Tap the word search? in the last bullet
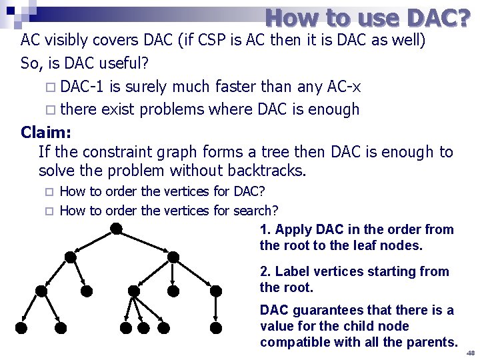[255, 211]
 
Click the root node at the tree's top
[117, 229]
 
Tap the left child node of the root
[70, 257]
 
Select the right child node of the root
[173, 257]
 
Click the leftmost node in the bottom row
[21, 328]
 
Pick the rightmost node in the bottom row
[215, 328]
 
